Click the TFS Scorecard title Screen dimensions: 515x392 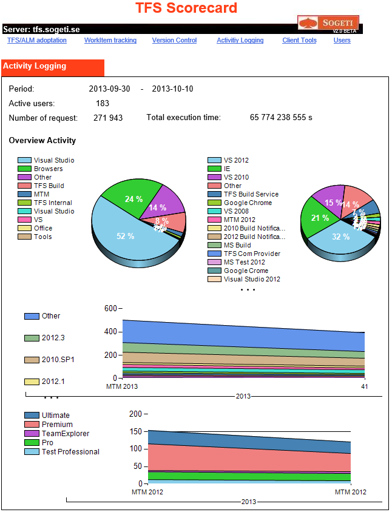[x=186, y=8]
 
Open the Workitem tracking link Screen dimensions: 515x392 [x=110, y=41]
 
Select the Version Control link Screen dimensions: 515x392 [x=174, y=41]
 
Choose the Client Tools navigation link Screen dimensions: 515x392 [x=299, y=41]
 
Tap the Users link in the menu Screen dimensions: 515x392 [x=342, y=41]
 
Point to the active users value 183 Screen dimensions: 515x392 [x=103, y=104]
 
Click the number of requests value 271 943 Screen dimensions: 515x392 [x=108, y=118]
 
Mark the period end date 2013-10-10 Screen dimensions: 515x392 [x=172, y=89]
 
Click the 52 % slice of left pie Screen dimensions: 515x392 [x=125, y=236]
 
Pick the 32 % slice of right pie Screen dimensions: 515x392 [x=340, y=237]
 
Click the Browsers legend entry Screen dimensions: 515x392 [x=48, y=169]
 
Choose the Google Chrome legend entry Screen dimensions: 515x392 [x=248, y=203]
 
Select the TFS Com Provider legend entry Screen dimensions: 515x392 [x=251, y=254]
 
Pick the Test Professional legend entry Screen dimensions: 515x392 [x=70, y=452]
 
